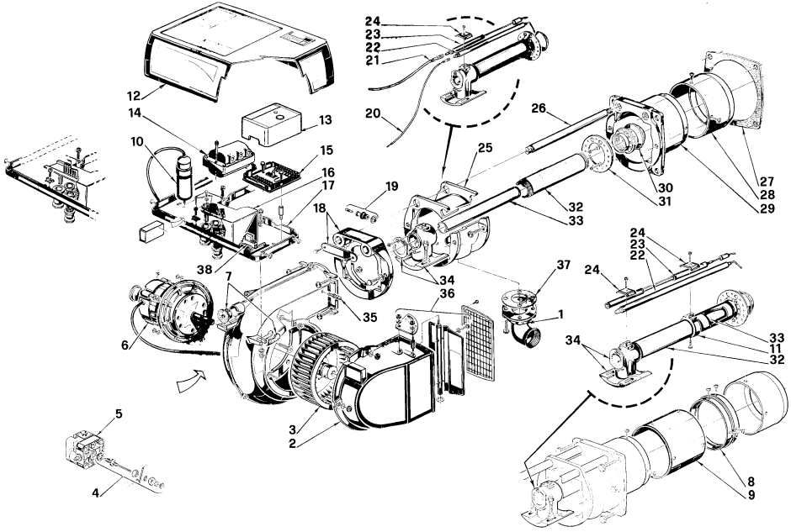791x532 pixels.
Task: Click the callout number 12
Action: [x=135, y=95]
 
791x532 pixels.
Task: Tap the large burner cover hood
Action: [x=239, y=56]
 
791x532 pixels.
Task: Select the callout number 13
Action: [x=326, y=120]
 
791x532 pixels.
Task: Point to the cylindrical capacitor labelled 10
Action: [x=183, y=176]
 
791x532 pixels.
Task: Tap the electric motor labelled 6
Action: [x=171, y=308]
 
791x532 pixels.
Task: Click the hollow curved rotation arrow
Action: [x=192, y=382]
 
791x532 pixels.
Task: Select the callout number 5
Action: [x=119, y=414]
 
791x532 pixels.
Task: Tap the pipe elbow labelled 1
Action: [x=521, y=325]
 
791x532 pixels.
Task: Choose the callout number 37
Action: [x=564, y=266]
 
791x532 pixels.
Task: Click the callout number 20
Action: [x=373, y=113]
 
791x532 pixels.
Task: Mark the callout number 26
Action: [x=539, y=108]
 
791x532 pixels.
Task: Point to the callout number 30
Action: [x=665, y=188]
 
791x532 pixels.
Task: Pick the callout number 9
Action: [x=751, y=494]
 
